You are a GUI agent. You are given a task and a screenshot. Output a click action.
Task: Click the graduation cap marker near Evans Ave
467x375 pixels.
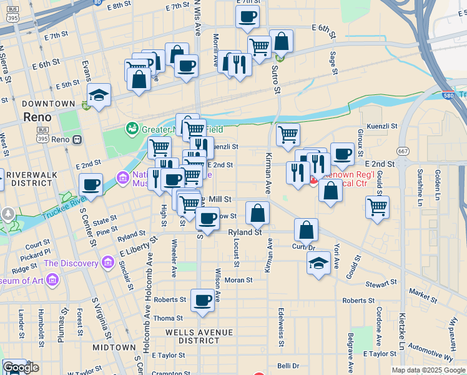99,95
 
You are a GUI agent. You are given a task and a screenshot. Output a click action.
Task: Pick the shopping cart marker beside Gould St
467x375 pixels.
377,207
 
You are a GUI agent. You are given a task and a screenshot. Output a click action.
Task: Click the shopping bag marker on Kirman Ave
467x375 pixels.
257,214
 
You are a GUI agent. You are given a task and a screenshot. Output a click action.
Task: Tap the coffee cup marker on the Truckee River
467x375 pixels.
91,186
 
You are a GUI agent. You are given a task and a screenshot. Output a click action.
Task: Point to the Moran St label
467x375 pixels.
238,280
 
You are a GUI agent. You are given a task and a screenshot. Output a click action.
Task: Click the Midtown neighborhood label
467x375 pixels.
114,347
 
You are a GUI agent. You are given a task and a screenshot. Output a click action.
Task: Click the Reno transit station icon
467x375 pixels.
77,139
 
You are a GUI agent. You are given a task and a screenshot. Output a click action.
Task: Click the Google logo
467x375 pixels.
21,367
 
